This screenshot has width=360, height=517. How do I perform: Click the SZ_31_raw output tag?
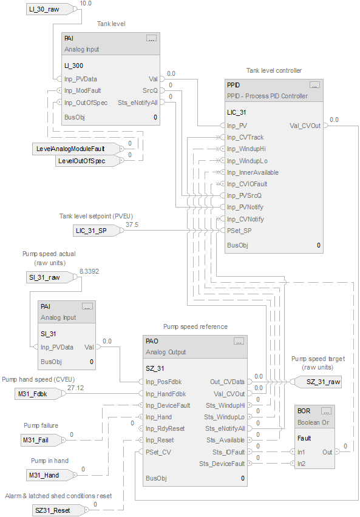322,381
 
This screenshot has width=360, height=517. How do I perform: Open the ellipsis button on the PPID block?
314,85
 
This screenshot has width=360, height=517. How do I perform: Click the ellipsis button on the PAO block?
238,341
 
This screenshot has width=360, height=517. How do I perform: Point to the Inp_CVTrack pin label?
245,137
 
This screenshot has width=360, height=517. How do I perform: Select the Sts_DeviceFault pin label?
222,464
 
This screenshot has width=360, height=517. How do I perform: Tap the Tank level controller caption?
274,71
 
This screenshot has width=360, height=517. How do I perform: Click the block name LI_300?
74,66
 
